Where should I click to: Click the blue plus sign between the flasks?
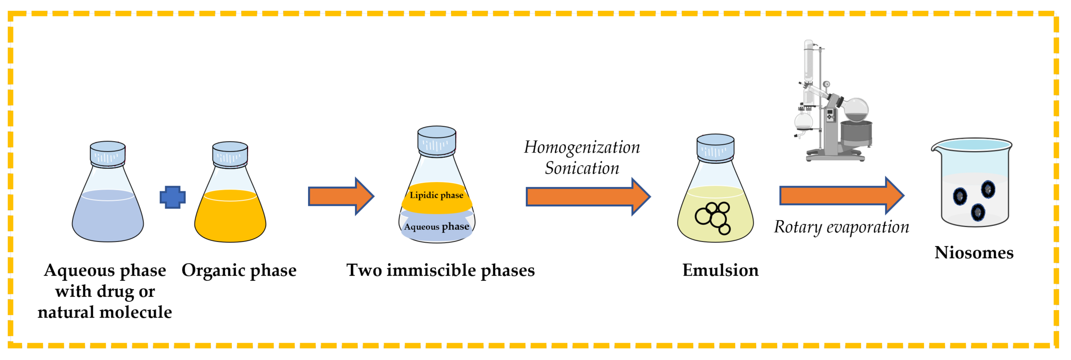(173, 197)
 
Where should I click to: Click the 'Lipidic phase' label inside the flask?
(436, 195)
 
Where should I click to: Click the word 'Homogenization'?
(582, 148)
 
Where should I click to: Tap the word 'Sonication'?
(582, 168)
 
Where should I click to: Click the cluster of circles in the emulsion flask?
(713, 218)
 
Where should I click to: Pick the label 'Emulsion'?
(720, 270)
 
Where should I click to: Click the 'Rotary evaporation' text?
(841, 227)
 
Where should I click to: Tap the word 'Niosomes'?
(974, 253)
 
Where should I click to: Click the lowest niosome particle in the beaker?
(978, 212)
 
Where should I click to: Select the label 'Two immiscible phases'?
(440, 270)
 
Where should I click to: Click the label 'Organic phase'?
(239, 270)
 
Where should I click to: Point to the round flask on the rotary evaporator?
(856, 109)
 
